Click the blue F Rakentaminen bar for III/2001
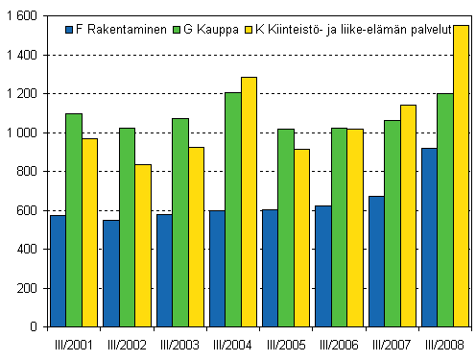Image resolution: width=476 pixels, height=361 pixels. pos(58,271)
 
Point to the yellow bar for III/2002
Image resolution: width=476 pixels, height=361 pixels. pos(143,245)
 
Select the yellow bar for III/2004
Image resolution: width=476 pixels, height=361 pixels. pos(249,202)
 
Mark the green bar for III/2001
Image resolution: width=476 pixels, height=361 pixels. pos(74,220)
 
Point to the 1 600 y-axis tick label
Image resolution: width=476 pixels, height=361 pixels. pos(20,16)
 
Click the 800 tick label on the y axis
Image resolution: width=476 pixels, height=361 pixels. pos(26,172)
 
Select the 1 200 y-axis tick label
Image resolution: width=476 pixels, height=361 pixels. pos(20,94)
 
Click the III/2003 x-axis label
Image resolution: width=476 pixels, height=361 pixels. pos(179,344)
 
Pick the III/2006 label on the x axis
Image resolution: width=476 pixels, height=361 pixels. pos(339,344)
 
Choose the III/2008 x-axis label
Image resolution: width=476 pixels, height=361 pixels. pos(444,344)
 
